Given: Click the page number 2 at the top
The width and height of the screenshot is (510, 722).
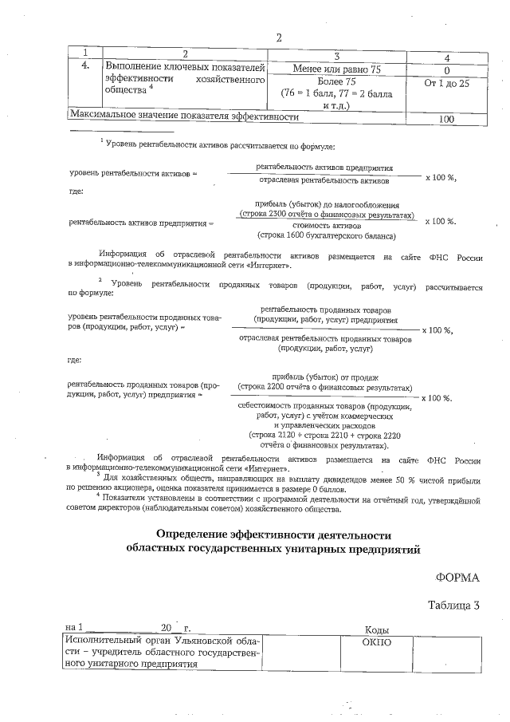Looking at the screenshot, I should click(279, 37).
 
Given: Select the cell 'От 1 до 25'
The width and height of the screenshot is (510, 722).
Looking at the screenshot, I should click(446, 82).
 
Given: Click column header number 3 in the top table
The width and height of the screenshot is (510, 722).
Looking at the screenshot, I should click(337, 56).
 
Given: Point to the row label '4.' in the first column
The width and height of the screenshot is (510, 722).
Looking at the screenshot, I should click(85, 69).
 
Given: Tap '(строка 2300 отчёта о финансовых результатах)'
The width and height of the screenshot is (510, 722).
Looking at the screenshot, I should click(328, 215).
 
